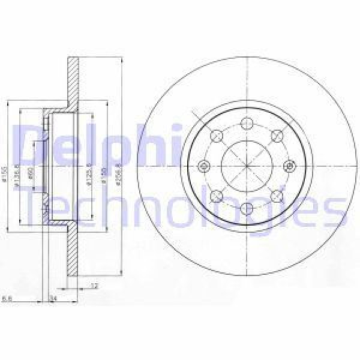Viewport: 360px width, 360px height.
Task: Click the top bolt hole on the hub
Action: tap(247, 124)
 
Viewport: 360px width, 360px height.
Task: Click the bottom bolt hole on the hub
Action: tap(247, 208)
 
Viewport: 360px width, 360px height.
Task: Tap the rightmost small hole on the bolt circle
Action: tap(289, 166)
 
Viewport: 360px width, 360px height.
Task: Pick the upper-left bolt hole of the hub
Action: tap(217, 136)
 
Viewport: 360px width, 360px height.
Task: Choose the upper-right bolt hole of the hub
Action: tap(277, 136)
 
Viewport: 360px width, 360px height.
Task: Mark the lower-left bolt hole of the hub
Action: tap(217, 196)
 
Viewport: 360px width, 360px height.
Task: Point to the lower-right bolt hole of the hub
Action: tap(277, 196)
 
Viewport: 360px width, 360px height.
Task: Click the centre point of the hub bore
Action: tap(247, 166)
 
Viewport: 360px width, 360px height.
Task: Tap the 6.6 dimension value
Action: tap(7, 298)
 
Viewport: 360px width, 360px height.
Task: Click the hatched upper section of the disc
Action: tap(73, 84)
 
